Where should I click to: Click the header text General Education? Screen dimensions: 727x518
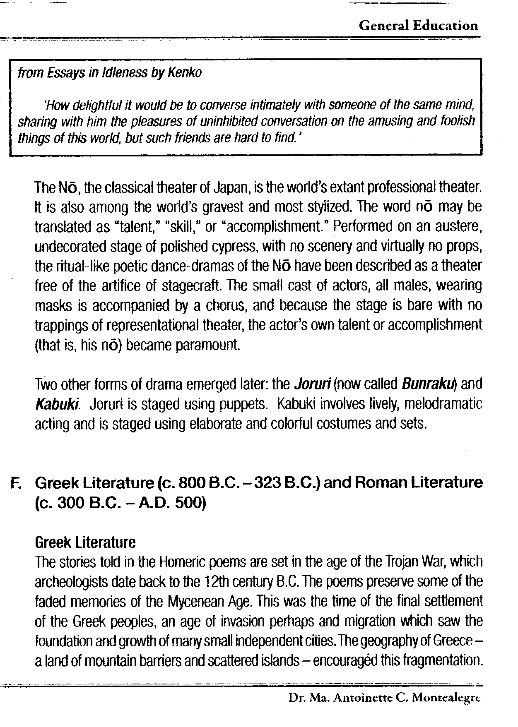[x=418, y=26]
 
